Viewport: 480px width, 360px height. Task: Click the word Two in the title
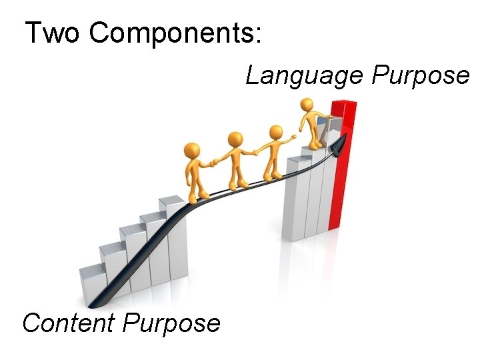click(52, 33)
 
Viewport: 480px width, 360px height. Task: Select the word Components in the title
click(170, 33)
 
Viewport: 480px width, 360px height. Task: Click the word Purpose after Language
click(420, 75)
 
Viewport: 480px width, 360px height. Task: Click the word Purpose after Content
click(172, 323)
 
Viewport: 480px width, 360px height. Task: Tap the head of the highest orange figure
click(307, 105)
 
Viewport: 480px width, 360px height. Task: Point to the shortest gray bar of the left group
click(91, 283)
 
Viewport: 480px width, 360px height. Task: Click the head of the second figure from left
click(234, 139)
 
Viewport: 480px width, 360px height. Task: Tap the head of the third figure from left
click(273, 133)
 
